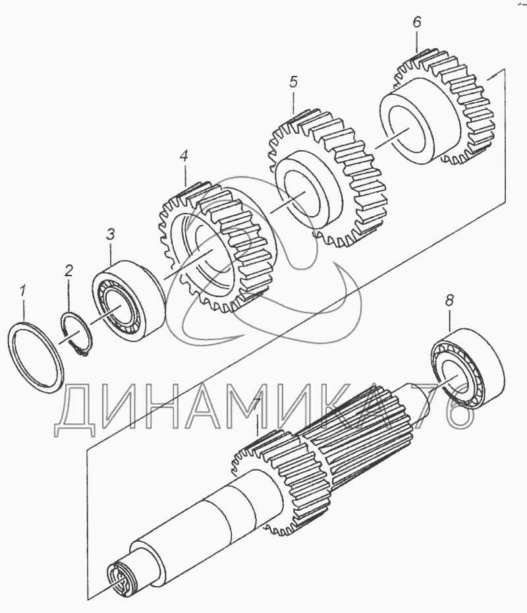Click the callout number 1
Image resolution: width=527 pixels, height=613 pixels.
click(x=24, y=290)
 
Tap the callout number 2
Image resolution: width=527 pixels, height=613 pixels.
click(x=69, y=270)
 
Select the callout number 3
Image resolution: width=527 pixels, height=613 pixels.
click(x=111, y=234)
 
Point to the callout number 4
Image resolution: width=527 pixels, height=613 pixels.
click(x=184, y=157)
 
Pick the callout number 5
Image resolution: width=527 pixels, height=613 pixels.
click(x=293, y=82)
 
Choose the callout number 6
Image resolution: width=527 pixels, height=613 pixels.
click(x=416, y=22)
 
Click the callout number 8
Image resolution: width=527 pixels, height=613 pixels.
click(x=449, y=301)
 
